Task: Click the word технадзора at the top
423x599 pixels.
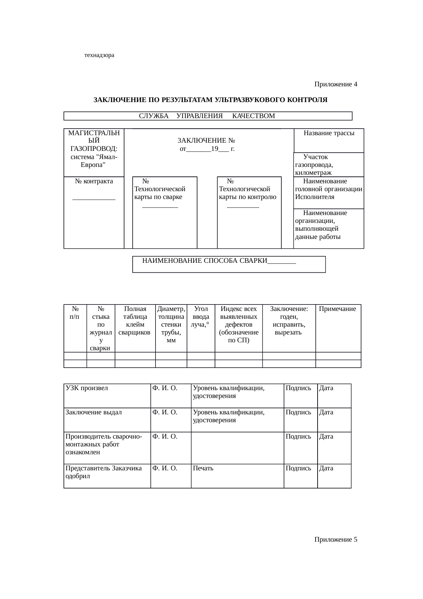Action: pyautogui.click(x=99, y=55)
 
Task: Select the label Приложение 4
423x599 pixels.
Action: pyautogui.click(x=336, y=84)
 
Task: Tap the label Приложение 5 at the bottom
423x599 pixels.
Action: pyautogui.click(x=336, y=539)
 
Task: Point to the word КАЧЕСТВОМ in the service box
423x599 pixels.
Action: pyautogui.click(x=253, y=116)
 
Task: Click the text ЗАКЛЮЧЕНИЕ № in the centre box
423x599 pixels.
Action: pyautogui.click(x=207, y=141)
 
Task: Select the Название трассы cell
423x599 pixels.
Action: pyautogui.click(x=329, y=133)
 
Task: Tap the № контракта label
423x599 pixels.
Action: pyautogui.click(x=94, y=181)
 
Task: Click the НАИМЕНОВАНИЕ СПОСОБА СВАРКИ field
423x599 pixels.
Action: pyautogui.click(x=205, y=261)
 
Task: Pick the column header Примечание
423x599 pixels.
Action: pyautogui.click(x=337, y=309)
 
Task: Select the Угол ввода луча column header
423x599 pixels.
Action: pyautogui.click(x=201, y=317)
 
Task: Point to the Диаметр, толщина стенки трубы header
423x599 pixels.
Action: pyautogui.click(x=171, y=325)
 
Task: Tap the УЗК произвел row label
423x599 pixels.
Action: pyautogui.click(x=87, y=388)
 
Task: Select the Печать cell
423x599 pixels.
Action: pyautogui.click(x=203, y=468)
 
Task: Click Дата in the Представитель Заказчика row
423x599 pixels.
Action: pyautogui.click(x=326, y=468)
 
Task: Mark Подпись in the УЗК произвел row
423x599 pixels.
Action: pyautogui.click(x=298, y=388)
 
